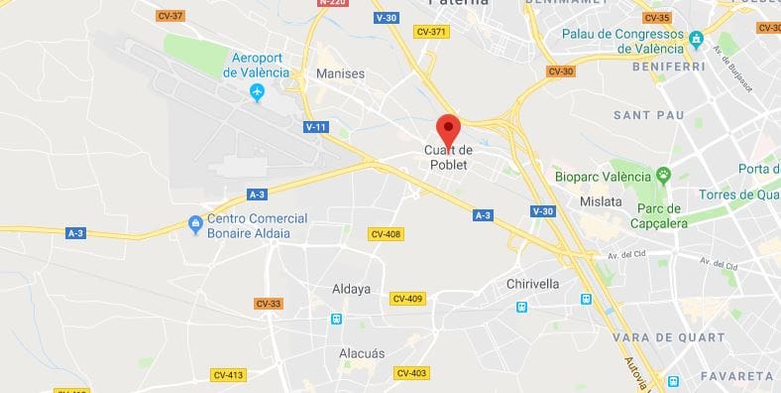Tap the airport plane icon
click(258, 93)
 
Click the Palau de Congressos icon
click(696, 40)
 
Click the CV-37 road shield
click(170, 17)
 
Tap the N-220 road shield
click(332, 3)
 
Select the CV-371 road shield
click(433, 32)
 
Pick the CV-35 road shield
click(656, 18)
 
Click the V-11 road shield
click(316, 127)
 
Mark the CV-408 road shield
click(385, 234)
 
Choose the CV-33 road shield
click(268, 304)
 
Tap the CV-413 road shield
click(228, 374)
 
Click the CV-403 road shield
click(410, 373)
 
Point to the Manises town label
click(340, 73)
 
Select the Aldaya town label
click(350, 289)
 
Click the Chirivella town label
click(533, 284)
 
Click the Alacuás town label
click(362, 353)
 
